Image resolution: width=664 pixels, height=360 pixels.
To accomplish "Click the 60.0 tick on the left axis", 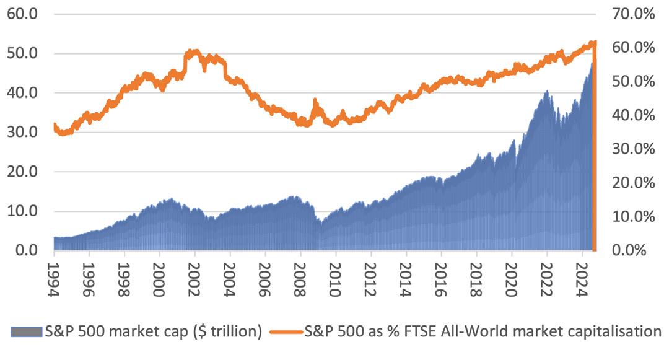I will (x=22, y=14).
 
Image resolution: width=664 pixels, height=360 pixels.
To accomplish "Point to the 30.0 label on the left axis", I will (x=22, y=132).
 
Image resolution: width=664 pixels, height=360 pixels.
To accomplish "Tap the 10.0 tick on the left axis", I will (x=22, y=211).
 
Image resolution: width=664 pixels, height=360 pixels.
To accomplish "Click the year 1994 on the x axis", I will (x=54, y=272).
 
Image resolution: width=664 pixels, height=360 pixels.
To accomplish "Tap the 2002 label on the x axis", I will (x=194, y=272).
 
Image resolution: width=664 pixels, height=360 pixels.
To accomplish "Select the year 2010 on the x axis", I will (x=336, y=272).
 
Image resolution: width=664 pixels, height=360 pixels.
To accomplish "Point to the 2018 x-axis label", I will (x=476, y=272).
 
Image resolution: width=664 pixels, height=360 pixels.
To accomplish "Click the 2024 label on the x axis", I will (x=582, y=272).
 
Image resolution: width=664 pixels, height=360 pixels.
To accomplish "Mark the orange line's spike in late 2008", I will (x=315, y=100).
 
